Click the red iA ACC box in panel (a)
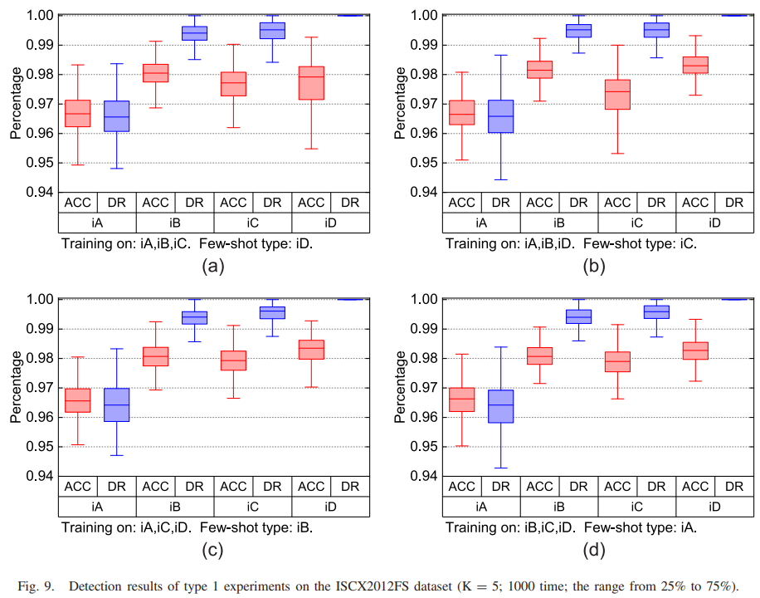pos(77,113)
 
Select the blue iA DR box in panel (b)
pos(501,116)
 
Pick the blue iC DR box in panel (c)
pos(271,312)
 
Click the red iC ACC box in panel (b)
pos(617,95)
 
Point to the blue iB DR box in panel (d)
pos(578,316)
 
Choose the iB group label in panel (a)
pos(174,223)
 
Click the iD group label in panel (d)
pos(714,507)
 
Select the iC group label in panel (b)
pos(636,223)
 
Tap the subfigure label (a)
pos(212,266)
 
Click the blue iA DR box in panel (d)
pos(501,406)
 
